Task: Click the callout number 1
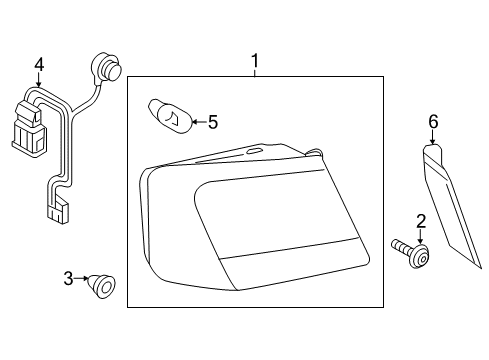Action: (x=255, y=61)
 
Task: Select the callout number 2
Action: (x=421, y=222)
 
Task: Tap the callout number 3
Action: (x=68, y=278)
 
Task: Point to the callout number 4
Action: (x=39, y=65)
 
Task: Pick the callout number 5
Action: (x=213, y=122)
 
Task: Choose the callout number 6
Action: (x=433, y=122)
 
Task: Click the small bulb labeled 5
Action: (x=170, y=116)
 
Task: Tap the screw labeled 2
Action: (x=411, y=254)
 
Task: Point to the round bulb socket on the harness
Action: (x=106, y=67)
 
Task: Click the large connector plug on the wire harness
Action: (x=30, y=129)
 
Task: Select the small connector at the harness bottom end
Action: (x=58, y=212)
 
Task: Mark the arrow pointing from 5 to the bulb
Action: (x=199, y=122)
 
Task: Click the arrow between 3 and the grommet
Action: (x=81, y=278)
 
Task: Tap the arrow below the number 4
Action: (x=39, y=80)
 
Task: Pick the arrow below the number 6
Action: (x=433, y=137)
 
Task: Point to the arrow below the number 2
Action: (x=421, y=237)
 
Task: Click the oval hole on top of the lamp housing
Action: (x=255, y=151)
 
